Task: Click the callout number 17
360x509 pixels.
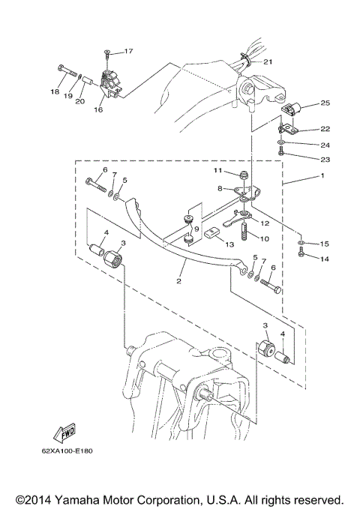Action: pos(128,51)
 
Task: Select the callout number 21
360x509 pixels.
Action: pos(268,61)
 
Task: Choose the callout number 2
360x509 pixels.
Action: pos(179,281)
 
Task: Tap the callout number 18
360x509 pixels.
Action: pos(54,91)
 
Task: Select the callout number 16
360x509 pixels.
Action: pos(98,109)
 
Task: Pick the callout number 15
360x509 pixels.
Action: pos(324,244)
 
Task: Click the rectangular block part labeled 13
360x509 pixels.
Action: pos(212,231)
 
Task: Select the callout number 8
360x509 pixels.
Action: pos(220,188)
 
